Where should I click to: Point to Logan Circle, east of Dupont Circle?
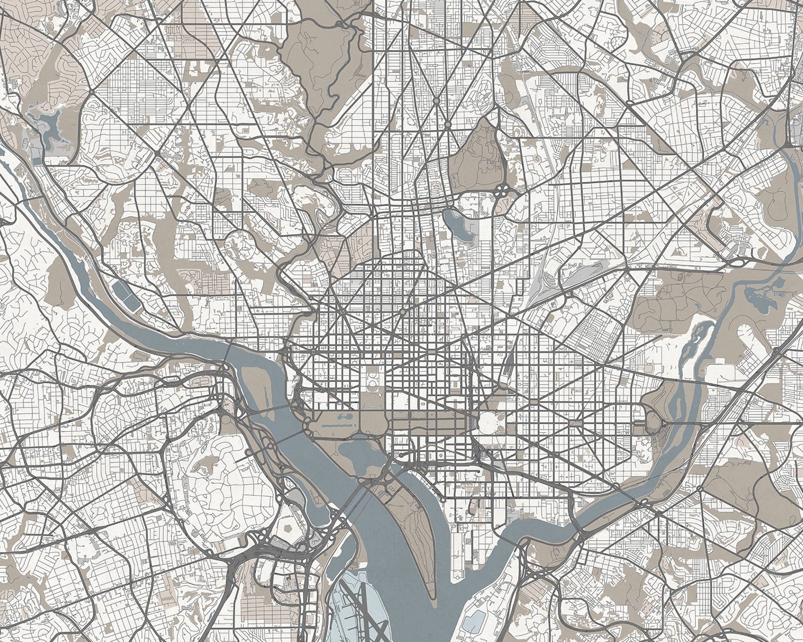[403, 312]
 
